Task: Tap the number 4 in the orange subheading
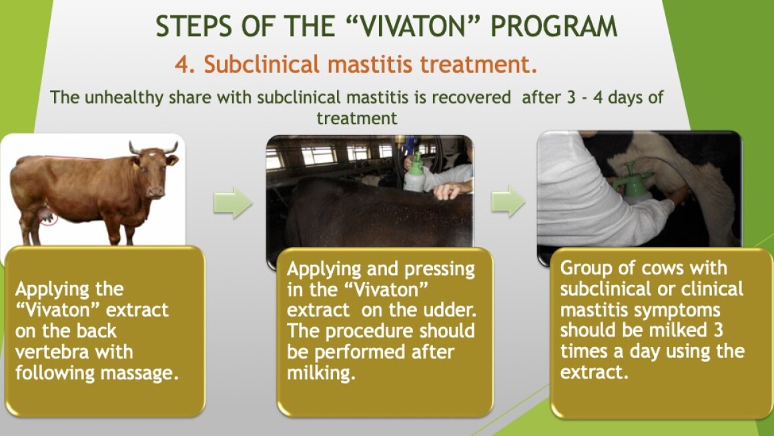tap(182, 65)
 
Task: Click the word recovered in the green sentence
tap(471, 97)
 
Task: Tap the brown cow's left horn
tap(133, 148)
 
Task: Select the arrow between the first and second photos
tap(232, 202)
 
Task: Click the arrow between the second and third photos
tap(508, 202)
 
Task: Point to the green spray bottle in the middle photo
tap(414, 173)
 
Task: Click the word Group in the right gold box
tap(585, 268)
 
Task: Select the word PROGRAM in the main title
tap(554, 26)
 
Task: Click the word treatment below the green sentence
tap(357, 118)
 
